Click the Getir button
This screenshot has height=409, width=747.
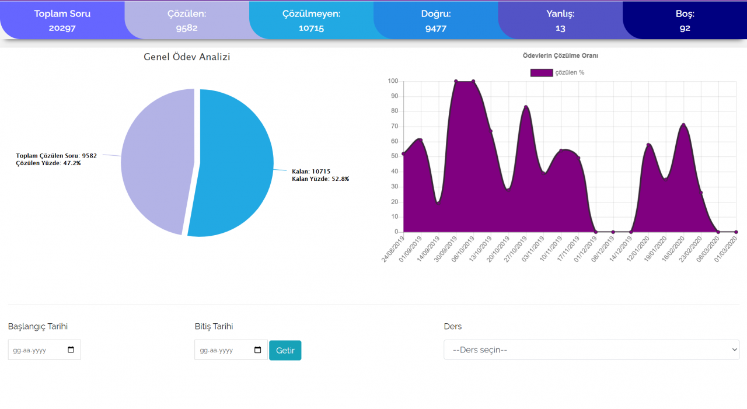coord(285,350)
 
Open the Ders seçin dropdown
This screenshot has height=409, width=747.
coord(592,349)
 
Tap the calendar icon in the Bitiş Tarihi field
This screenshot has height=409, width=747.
coord(257,349)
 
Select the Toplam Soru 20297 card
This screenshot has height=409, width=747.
coord(62,20)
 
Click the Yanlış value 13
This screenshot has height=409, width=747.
coord(560,29)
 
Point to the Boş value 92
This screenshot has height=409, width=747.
coord(685,29)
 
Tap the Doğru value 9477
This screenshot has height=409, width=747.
coord(435,29)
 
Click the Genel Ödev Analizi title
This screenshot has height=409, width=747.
coord(187,57)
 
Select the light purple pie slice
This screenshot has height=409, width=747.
coord(157,160)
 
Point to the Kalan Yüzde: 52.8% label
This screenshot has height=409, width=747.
coord(320,179)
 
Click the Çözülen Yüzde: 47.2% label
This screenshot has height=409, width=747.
coord(48,163)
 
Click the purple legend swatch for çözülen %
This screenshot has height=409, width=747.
coord(542,73)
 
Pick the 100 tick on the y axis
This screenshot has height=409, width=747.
coord(393,81)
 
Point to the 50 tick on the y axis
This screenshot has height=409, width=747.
coord(395,156)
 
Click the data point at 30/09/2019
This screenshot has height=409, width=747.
coord(456,81)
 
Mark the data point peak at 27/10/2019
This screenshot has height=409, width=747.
coord(526,107)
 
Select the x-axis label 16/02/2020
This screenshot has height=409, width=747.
coord(673,249)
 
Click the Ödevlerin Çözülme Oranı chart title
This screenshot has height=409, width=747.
coord(560,55)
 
